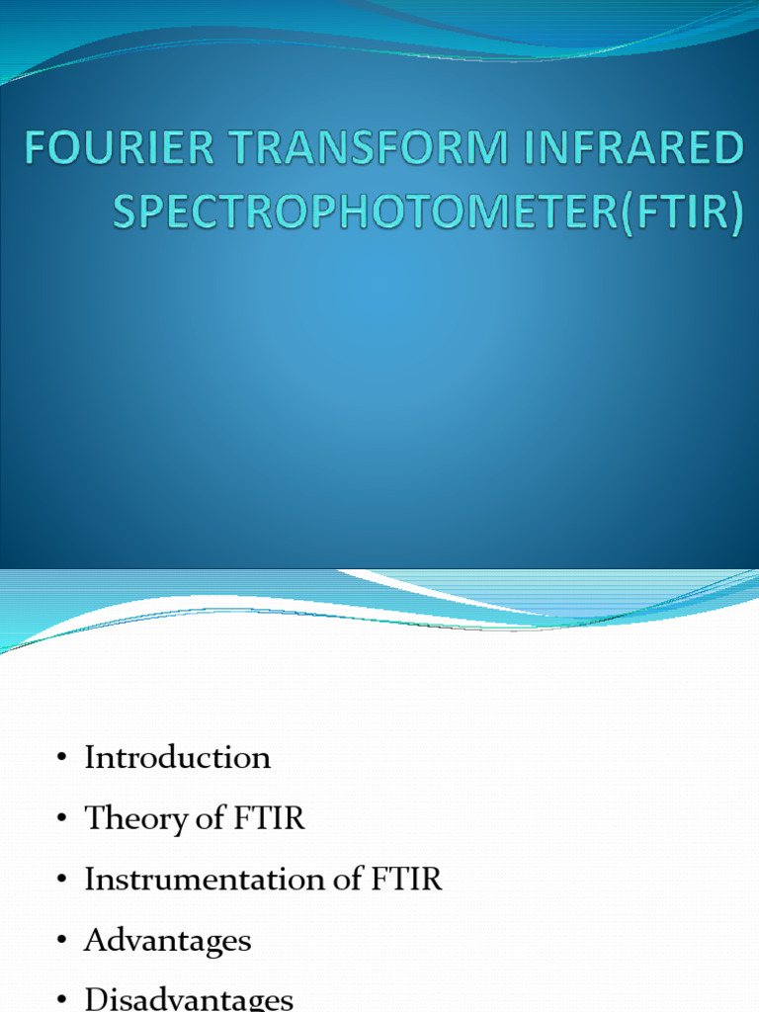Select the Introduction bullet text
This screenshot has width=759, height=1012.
coord(177,758)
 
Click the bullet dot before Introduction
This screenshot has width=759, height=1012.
coord(61,759)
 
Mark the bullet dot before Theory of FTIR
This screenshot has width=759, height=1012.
coord(61,820)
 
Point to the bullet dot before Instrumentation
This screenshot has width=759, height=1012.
coord(61,882)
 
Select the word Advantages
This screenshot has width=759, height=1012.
coord(168,942)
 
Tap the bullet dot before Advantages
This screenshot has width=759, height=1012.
coord(61,943)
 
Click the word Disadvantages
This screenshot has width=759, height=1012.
coord(189,1000)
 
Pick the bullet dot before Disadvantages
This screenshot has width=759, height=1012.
coord(61,1002)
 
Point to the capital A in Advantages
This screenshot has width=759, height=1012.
coord(96,941)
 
